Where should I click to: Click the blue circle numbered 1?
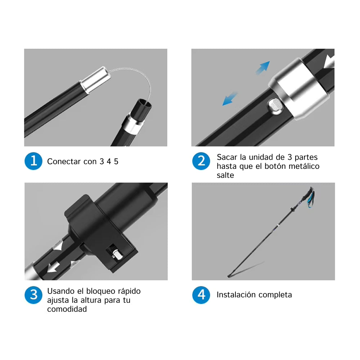(33, 161)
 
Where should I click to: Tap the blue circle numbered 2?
(201, 161)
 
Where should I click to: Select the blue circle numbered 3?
(33, 295)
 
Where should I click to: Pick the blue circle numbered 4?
(201, 295)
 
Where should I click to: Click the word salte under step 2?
(225, 175)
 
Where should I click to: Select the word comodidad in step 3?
(67, 309)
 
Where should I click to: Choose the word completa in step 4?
(277, 295)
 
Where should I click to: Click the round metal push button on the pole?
(275, 107)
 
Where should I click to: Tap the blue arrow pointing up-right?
(263, 67)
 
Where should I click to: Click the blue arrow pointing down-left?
(230, 99)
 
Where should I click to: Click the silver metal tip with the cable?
(95, 80)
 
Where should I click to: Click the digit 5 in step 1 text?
(116, 161)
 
